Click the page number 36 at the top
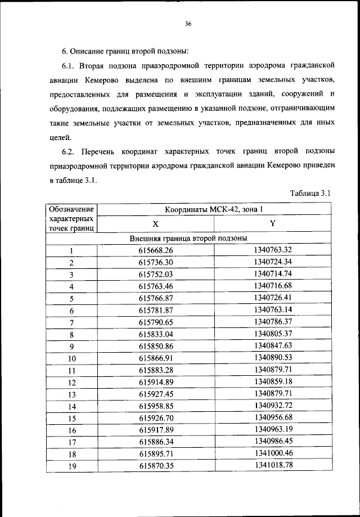pos(188,24)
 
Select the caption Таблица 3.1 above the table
pos(309,194)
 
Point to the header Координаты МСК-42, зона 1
pos(213,210)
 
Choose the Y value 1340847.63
pos(273,345)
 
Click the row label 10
pos(71,358)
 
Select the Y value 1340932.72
pos(273,406)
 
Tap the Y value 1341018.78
pos(273,465)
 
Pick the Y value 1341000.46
pos(273,453)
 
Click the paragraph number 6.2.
pos(69,152)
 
